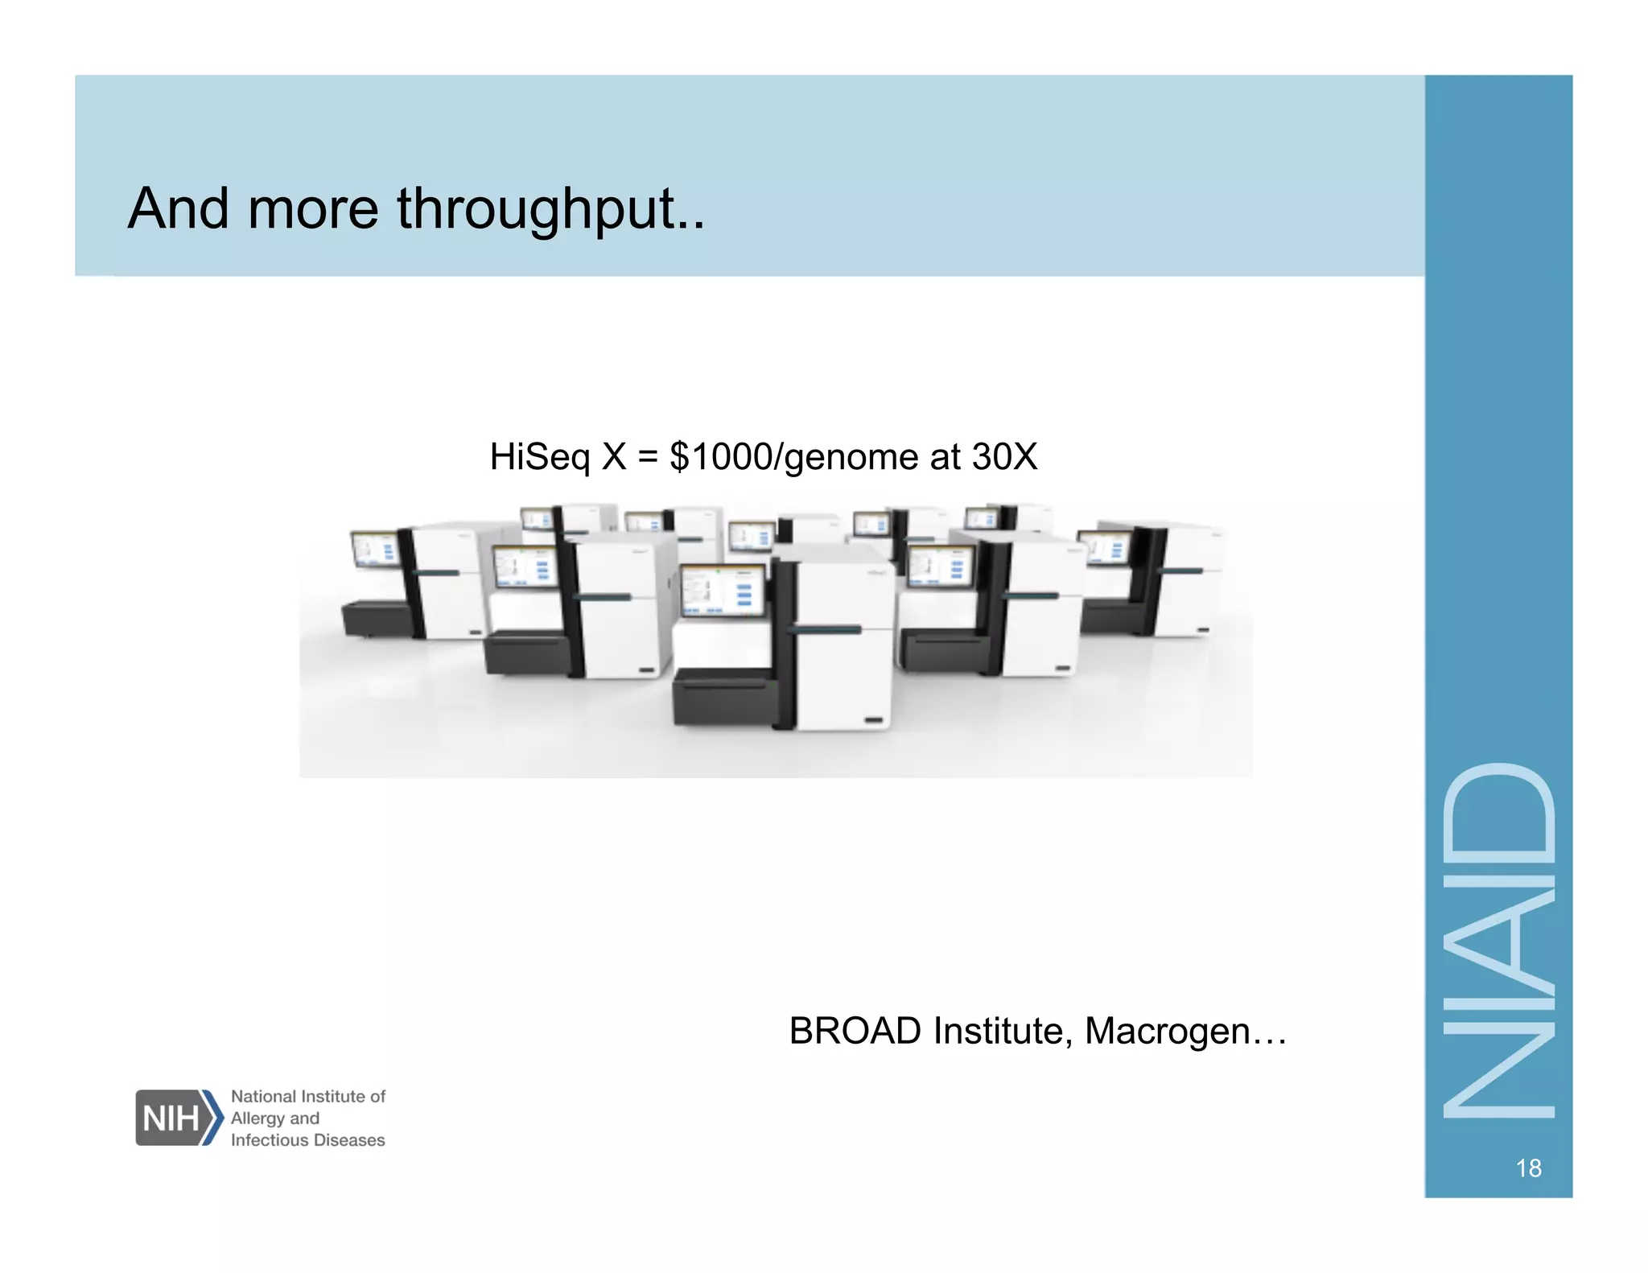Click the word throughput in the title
click(x=550, y=209)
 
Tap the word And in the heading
click(x=179, y=209)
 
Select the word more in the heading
click(x=313, y=209)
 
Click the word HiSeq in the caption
click(x=540, y=457)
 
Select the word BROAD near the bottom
click(x=855, y=1031)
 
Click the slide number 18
click(x=1528, y=1168)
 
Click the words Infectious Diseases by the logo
click(x=307, y=1140)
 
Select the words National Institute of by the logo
click(x=308, y=1096)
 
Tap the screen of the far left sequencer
click(x=375, y=550)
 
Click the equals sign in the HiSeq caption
click(x=648, y=457)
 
